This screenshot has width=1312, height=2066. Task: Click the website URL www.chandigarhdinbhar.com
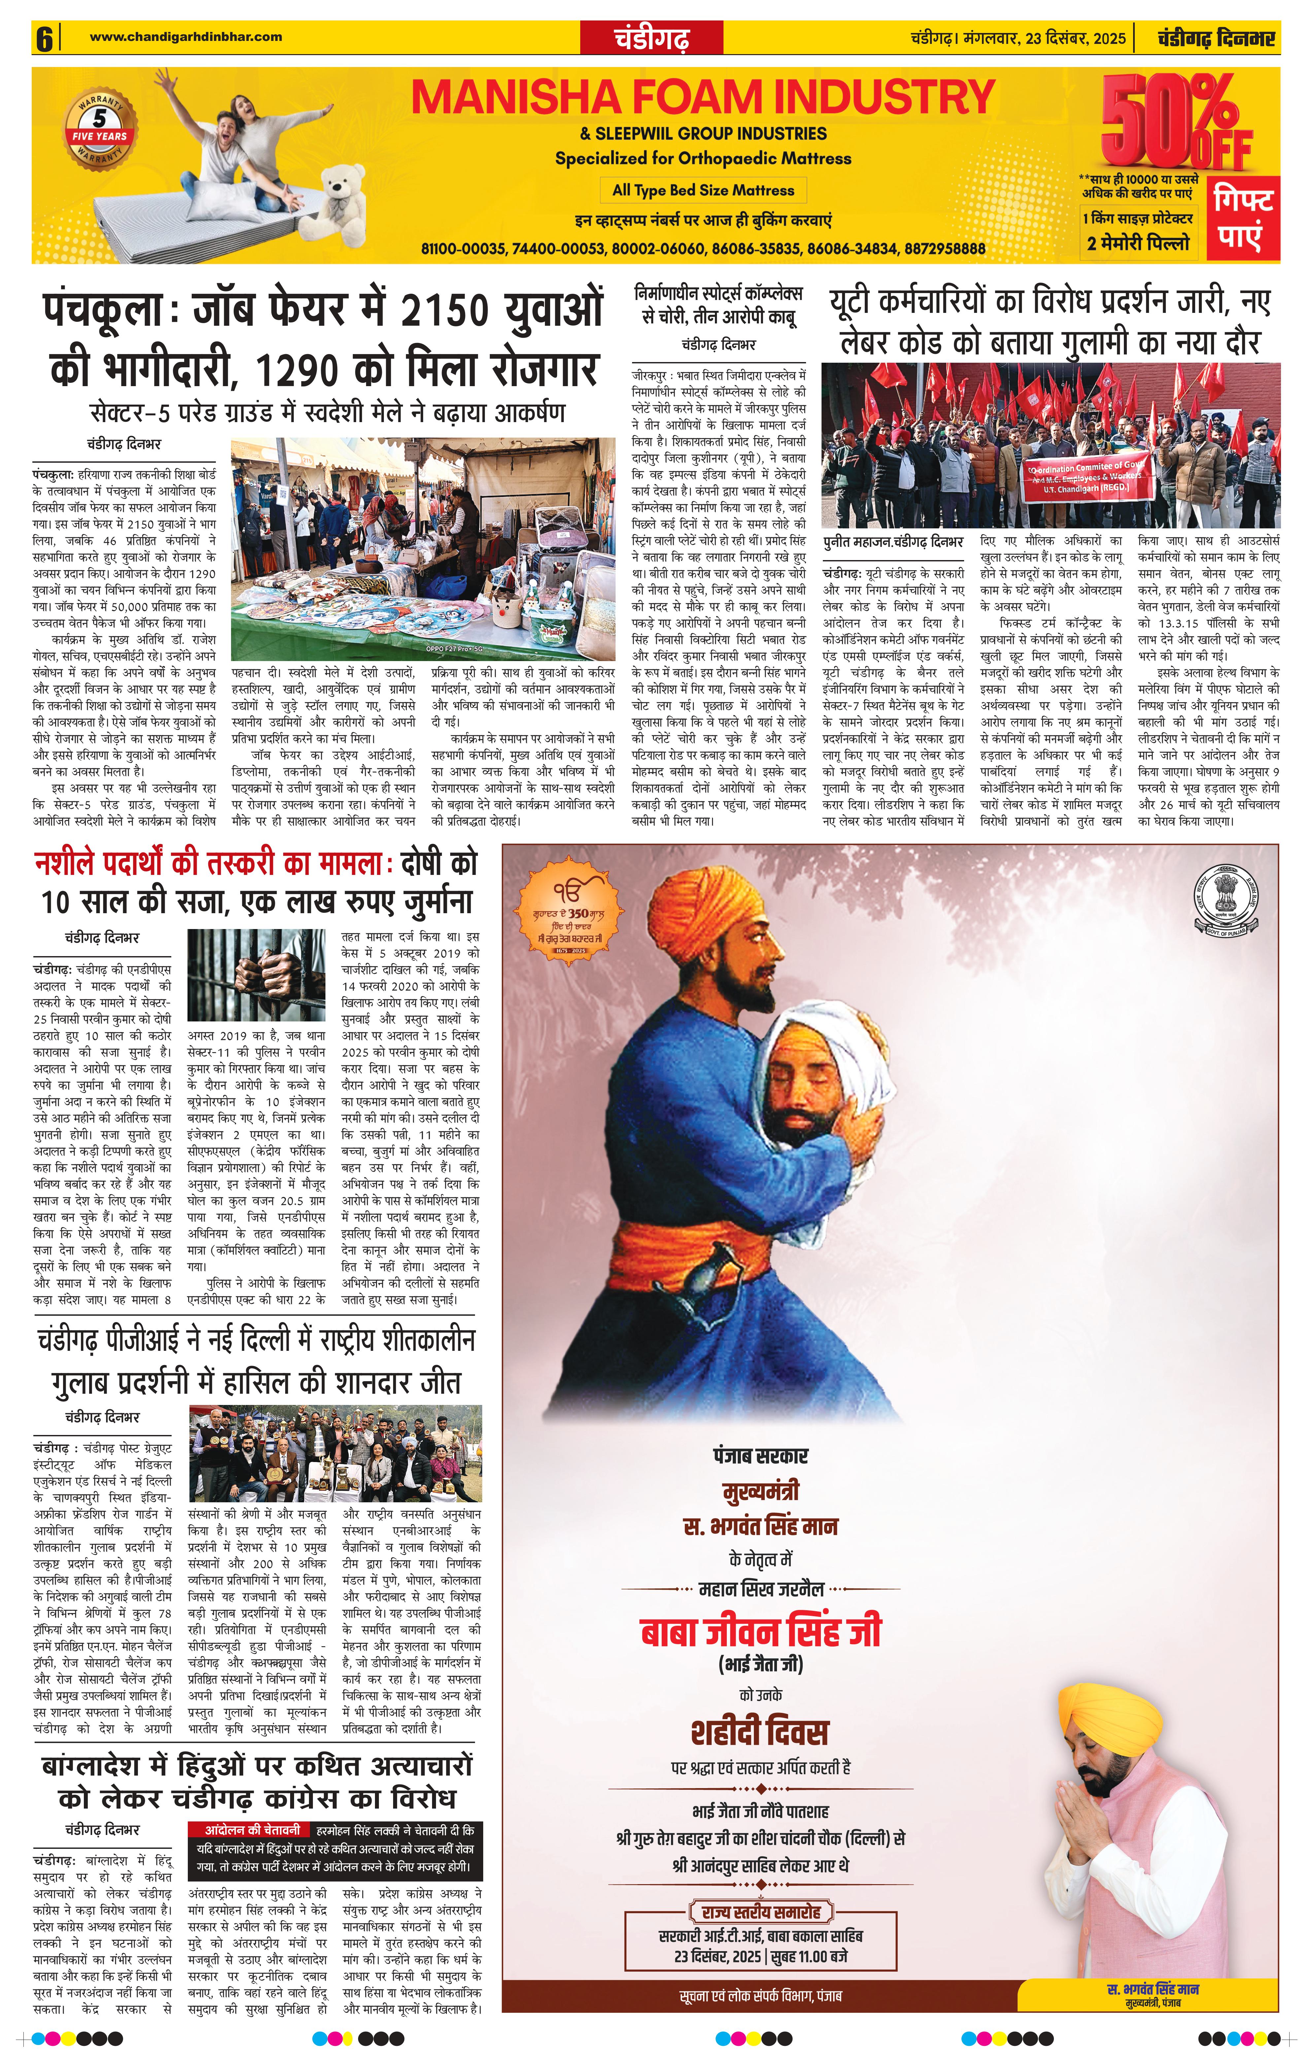coord(185,36)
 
